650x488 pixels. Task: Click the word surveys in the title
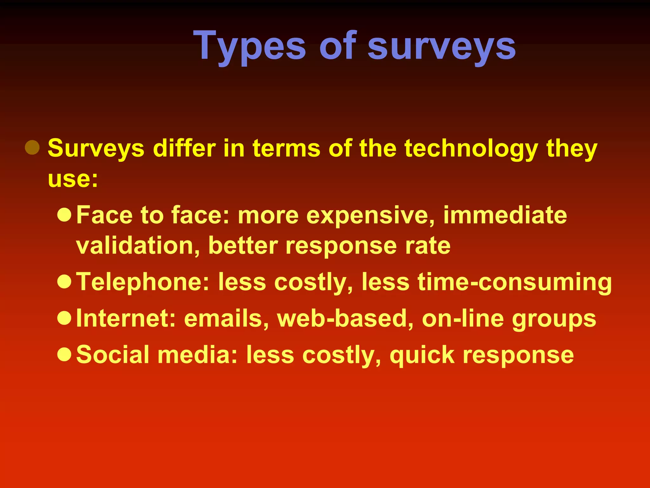click(x=441, y=46)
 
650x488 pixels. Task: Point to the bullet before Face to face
click(x=64, y=215)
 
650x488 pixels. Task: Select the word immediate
click(x=505, y=215)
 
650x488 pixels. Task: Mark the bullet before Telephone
click(x=64, y=281)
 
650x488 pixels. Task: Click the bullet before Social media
click(x=64, y=355)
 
